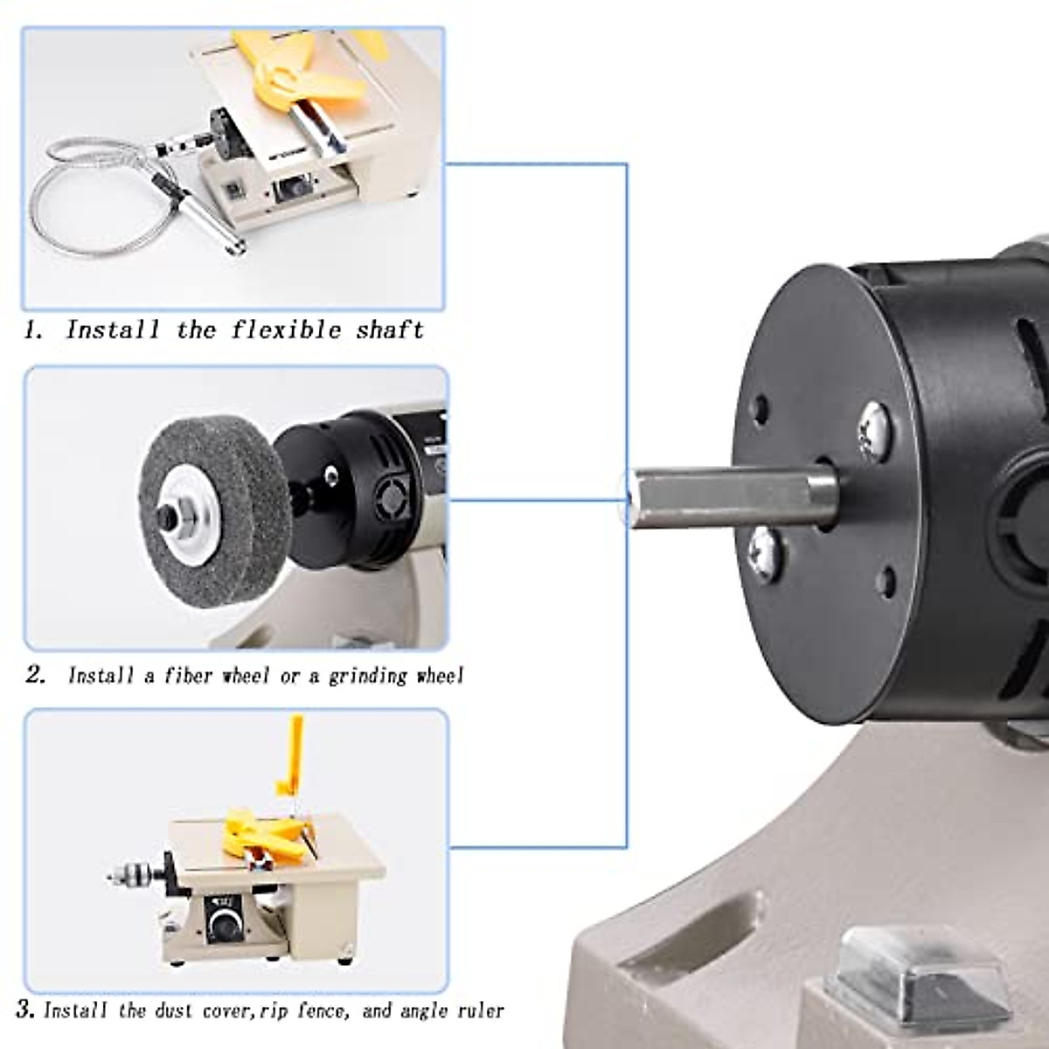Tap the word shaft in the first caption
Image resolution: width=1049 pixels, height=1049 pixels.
tap(389, 330)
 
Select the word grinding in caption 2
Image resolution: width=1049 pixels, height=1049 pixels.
tap(367, 676)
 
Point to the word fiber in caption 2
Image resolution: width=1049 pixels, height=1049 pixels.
tap(188, 676)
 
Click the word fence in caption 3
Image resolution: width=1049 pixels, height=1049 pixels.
tap(321, 1011)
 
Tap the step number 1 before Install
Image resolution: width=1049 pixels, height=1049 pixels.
tap(32, 330)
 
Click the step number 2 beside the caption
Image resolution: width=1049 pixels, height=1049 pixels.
tap(35, 676)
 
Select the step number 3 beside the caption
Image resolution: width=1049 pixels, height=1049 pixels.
tap(25, 1010)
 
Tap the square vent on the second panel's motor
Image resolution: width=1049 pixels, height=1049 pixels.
tap(391, 501)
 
